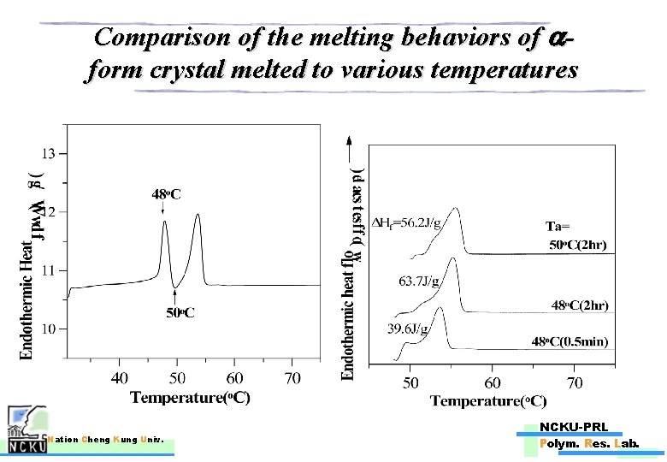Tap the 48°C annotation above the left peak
pos(166,195)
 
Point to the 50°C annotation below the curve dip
pos(180,312)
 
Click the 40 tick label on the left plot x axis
pos(119,378)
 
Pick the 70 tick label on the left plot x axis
pos(292,378)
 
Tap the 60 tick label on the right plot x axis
pos(493,382)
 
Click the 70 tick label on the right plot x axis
pos(575,382)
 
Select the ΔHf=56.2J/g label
pos(410,224)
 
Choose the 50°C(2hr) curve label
pos(578,246)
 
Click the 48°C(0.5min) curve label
pos(570,341)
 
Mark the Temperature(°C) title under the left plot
pos(190,399)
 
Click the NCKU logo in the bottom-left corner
pos(25,435)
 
